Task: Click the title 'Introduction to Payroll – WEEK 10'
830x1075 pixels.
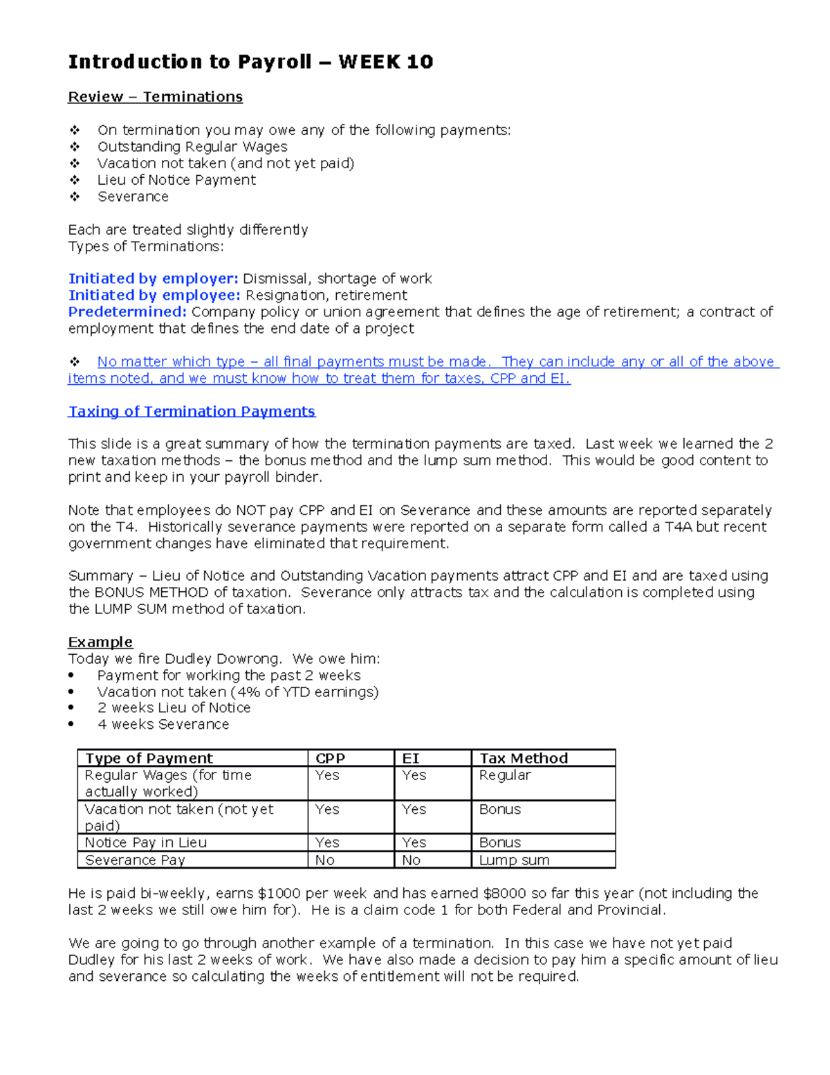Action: pyautogui.click(x=250, y=62)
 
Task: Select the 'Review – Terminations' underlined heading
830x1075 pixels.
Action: pyautogui.click(x=155, y=97)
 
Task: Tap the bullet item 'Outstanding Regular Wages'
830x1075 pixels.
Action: pyautogui.click(x=192, y=147)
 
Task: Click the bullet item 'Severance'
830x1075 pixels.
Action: pyautogui.click(x=133, y=197)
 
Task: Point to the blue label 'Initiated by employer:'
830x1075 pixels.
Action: pyautogui.click(x=153, y=279)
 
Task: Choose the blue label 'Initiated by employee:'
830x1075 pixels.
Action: pyautogui.click(x=154, y=296)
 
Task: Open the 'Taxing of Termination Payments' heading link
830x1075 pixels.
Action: pyautogui.click(x=192, y=412)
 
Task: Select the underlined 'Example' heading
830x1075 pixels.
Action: pyautogui.click(x=100, y=642)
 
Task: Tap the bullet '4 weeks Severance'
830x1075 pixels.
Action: pyautogui.click(x=163, y=725)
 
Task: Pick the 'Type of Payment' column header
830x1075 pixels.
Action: pyautogui.click(x=149, y=759)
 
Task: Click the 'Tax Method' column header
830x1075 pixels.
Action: pyautogui.click(x=524, y=759)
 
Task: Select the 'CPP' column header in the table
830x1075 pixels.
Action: pyautogui.click(x=330, y=759)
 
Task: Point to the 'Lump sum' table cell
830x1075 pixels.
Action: pyautogui.click(x=514, y=860)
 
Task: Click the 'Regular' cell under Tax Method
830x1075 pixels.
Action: pyautogui.click(x=505, y=775)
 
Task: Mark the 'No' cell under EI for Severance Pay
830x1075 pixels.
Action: pyautogui.click(x=411, y=860)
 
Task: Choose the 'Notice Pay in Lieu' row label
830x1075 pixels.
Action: pyautogui.click(x=145, y=843)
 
